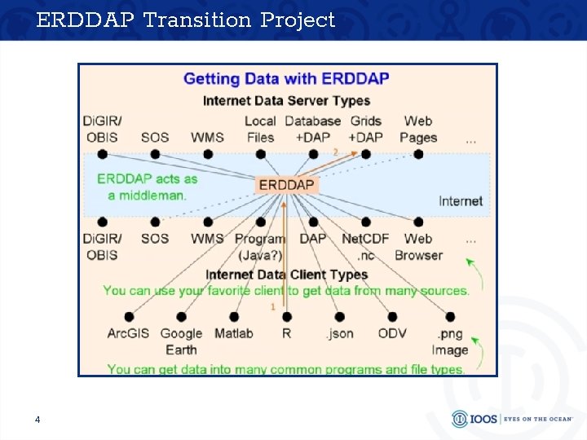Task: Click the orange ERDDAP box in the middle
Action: pos(286,185)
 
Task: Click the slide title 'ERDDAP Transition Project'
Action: pos(186,20)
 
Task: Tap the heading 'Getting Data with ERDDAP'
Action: pos(286,79)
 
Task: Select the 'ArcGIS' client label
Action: pos(128,333)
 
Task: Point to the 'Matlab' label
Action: pos(234,333)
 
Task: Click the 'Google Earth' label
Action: pos(181,341)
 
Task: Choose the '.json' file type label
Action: pos(339,333)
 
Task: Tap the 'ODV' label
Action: pos(392,333)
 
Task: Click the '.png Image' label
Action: pos(450,341)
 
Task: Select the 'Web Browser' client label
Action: pos(418,247)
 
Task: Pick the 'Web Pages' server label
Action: pos(418,129)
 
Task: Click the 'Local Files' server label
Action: pos(260,129)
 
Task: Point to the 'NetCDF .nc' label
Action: pos(365,247)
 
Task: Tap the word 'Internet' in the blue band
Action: pos(461,200)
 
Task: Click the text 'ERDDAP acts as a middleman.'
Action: pos(147,187)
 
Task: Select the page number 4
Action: pos(38,420)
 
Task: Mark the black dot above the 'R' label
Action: pos(287,317)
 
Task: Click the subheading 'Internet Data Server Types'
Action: pos(286,101)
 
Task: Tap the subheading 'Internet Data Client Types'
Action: pos(286,275)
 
